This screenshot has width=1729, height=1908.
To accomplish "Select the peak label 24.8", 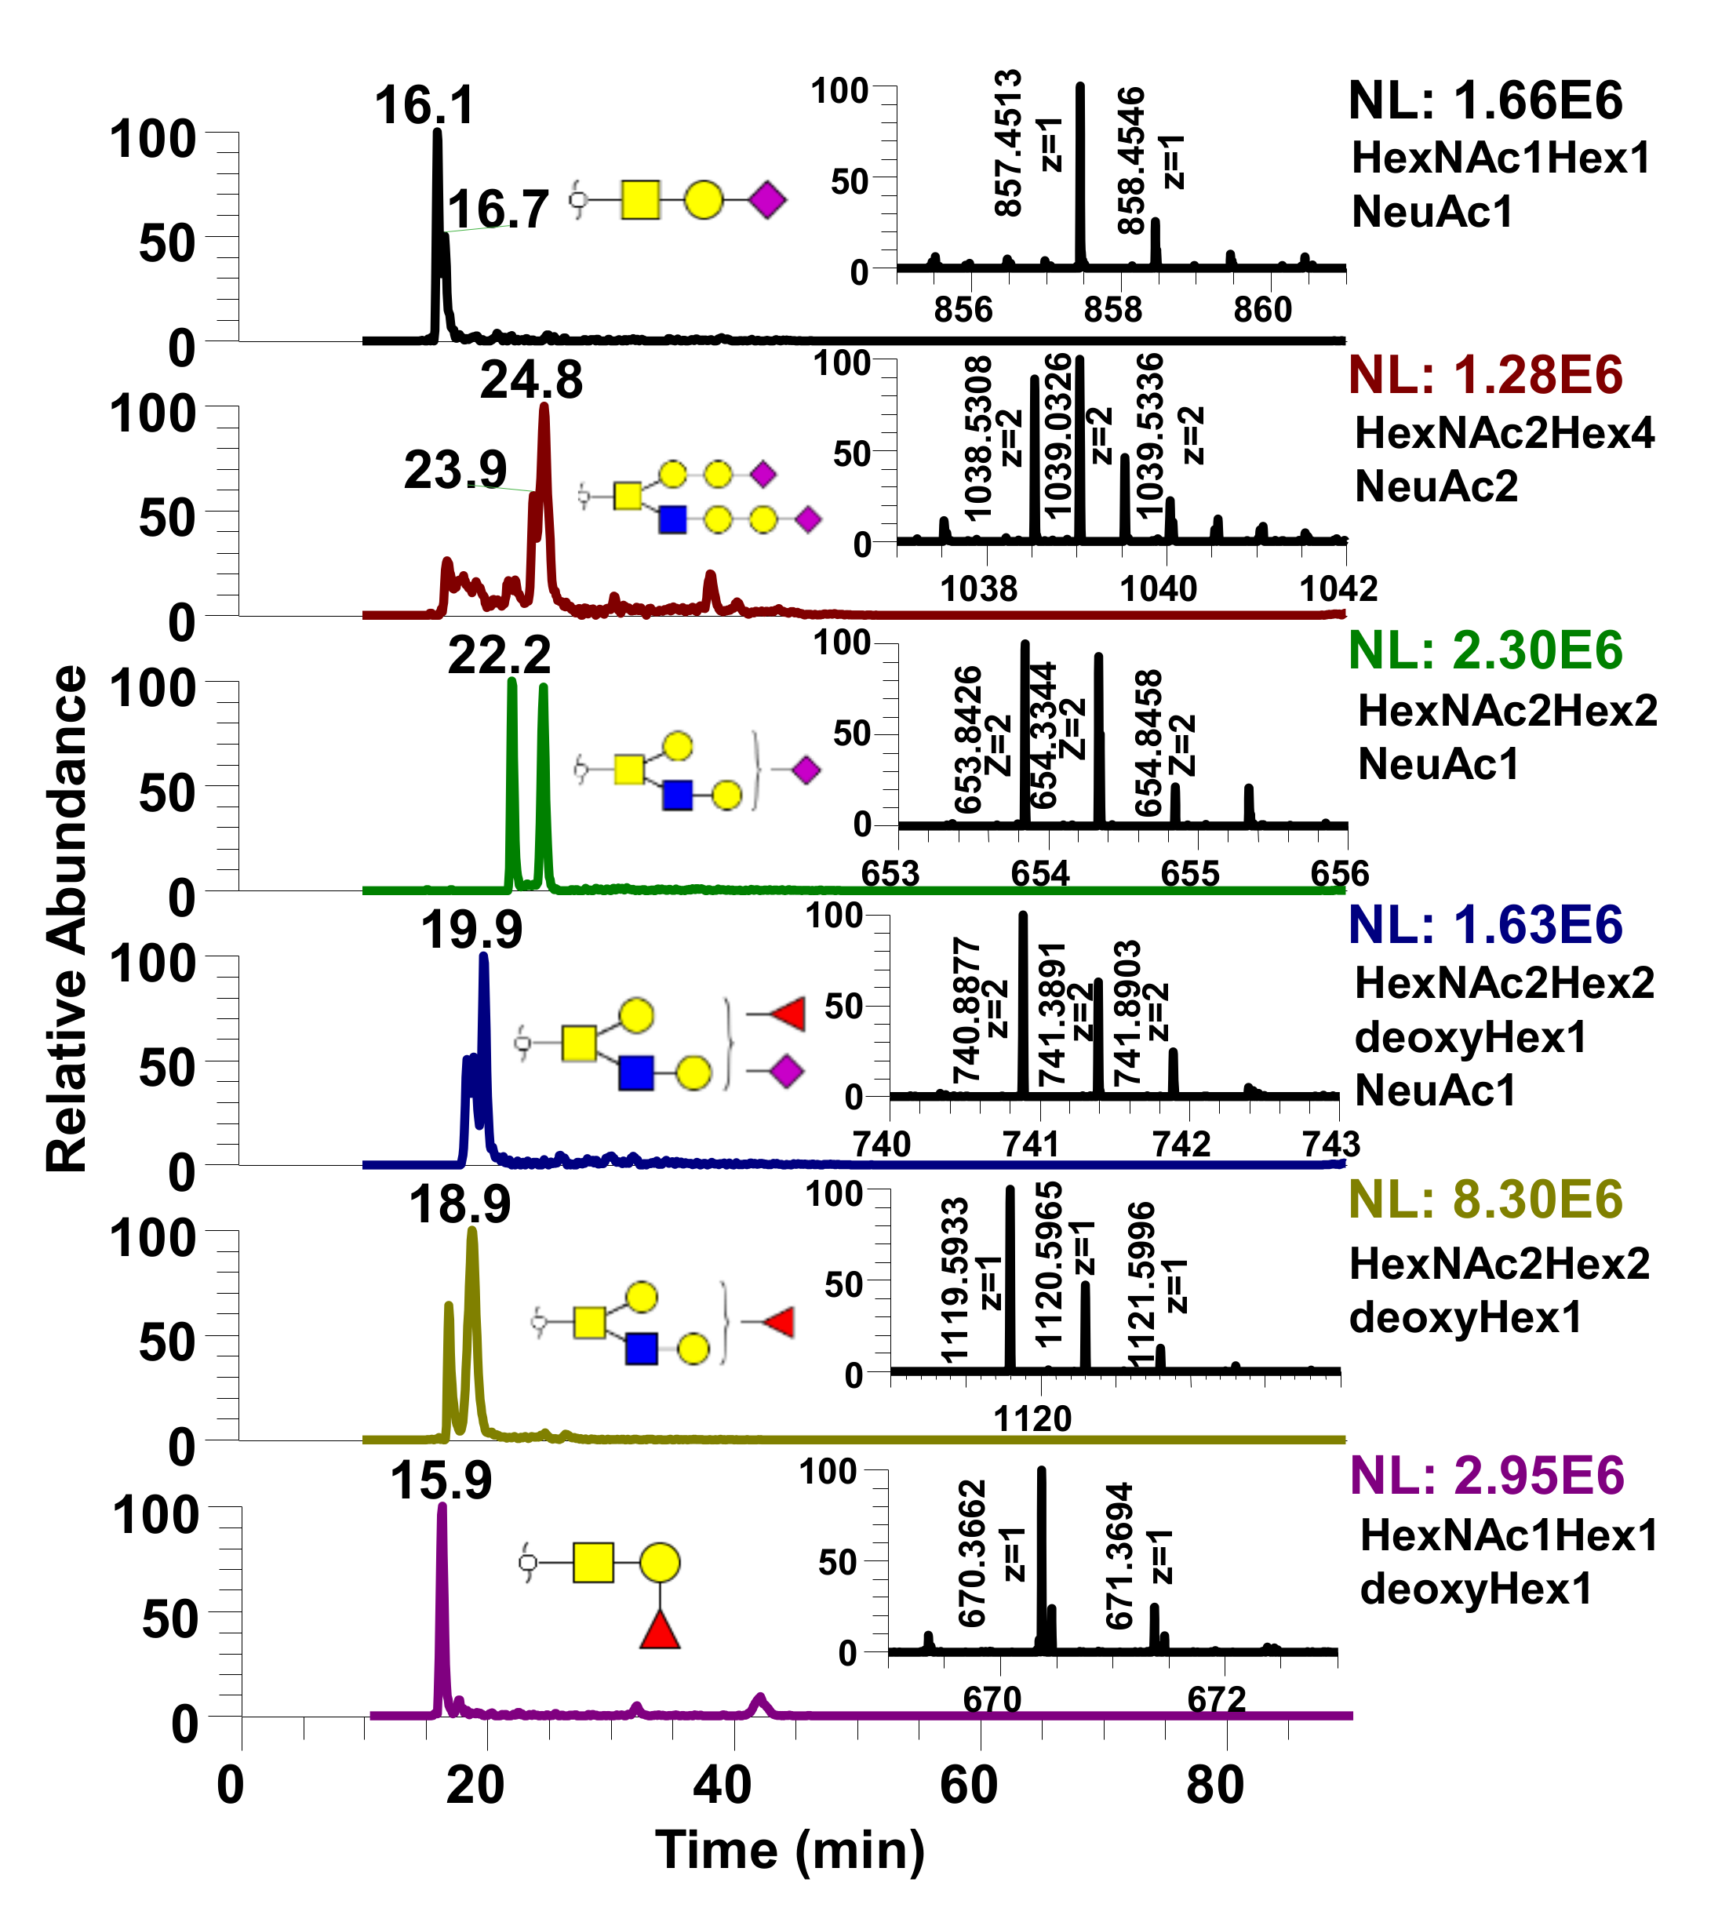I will click(x=531, y=380).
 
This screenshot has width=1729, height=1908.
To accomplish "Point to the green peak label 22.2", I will click(x=499, y=655).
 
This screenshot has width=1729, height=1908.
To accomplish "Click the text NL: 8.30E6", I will click(x=1485, y=1200).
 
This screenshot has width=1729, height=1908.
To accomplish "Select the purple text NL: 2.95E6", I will click(x=1487, y=1476).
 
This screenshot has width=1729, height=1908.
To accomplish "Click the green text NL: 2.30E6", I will click(x=1485, y=651).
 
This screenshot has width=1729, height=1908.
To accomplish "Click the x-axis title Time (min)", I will click(x=790, y=1850).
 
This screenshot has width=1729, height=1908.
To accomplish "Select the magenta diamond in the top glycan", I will click(x=766, y=201).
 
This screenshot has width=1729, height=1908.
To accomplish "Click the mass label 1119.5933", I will click(x=955, y=1280).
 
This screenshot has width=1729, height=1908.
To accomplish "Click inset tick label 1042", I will click(x=1338, y=588).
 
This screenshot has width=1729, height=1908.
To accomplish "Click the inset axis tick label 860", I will click(x=1261, y=309).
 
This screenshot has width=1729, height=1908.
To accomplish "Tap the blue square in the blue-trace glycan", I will click(x=636, y=1073).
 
